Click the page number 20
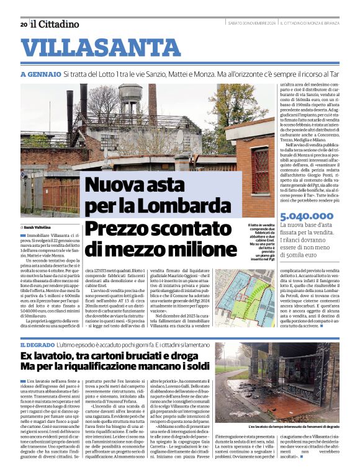[23, 24]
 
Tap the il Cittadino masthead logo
[55, 24]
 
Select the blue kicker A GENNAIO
[40, 74]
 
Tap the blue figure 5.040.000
[308, 216]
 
